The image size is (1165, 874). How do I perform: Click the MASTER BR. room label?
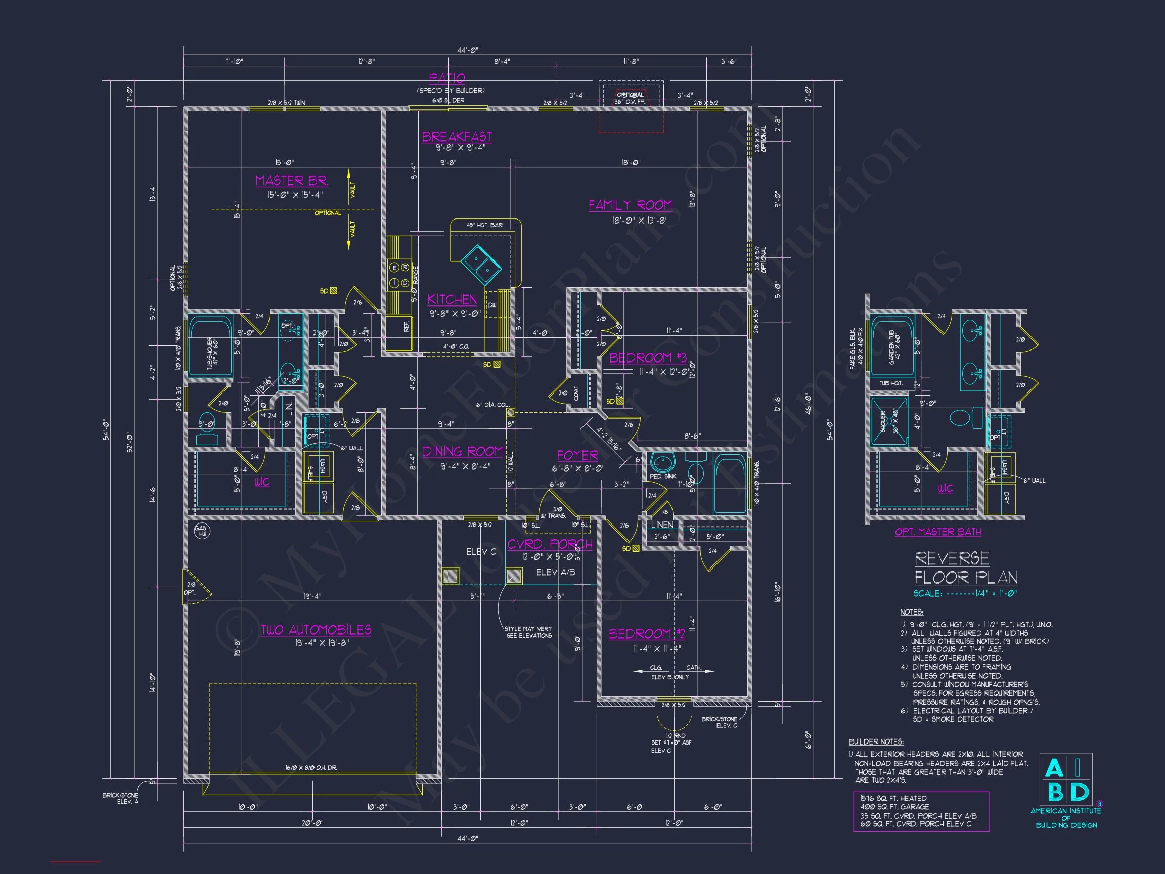pos(291,181)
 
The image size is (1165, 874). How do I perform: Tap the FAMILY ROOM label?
pos(630,205)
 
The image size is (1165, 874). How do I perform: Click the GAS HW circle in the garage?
pos(202,531)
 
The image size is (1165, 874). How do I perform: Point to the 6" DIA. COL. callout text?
pos(492,405)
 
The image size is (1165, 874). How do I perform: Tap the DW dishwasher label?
pos(492,305)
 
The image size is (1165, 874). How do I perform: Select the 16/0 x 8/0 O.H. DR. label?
pos(311,768)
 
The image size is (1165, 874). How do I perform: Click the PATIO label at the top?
pos(446,78)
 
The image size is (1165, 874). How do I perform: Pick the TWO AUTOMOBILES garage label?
pos(316,630)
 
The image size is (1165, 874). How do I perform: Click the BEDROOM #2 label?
pos(647,634)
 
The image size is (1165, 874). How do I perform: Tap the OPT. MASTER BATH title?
pos(938,532)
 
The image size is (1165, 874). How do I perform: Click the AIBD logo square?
pos(1065,778)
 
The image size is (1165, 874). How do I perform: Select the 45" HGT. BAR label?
pos(484,225)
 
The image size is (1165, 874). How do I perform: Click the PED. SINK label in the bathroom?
pos(662,476)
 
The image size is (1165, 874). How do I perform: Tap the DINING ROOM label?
pos(463,452)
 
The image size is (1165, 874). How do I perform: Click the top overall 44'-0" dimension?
pos(467,50)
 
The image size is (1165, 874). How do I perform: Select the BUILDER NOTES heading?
pos(876,741)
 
